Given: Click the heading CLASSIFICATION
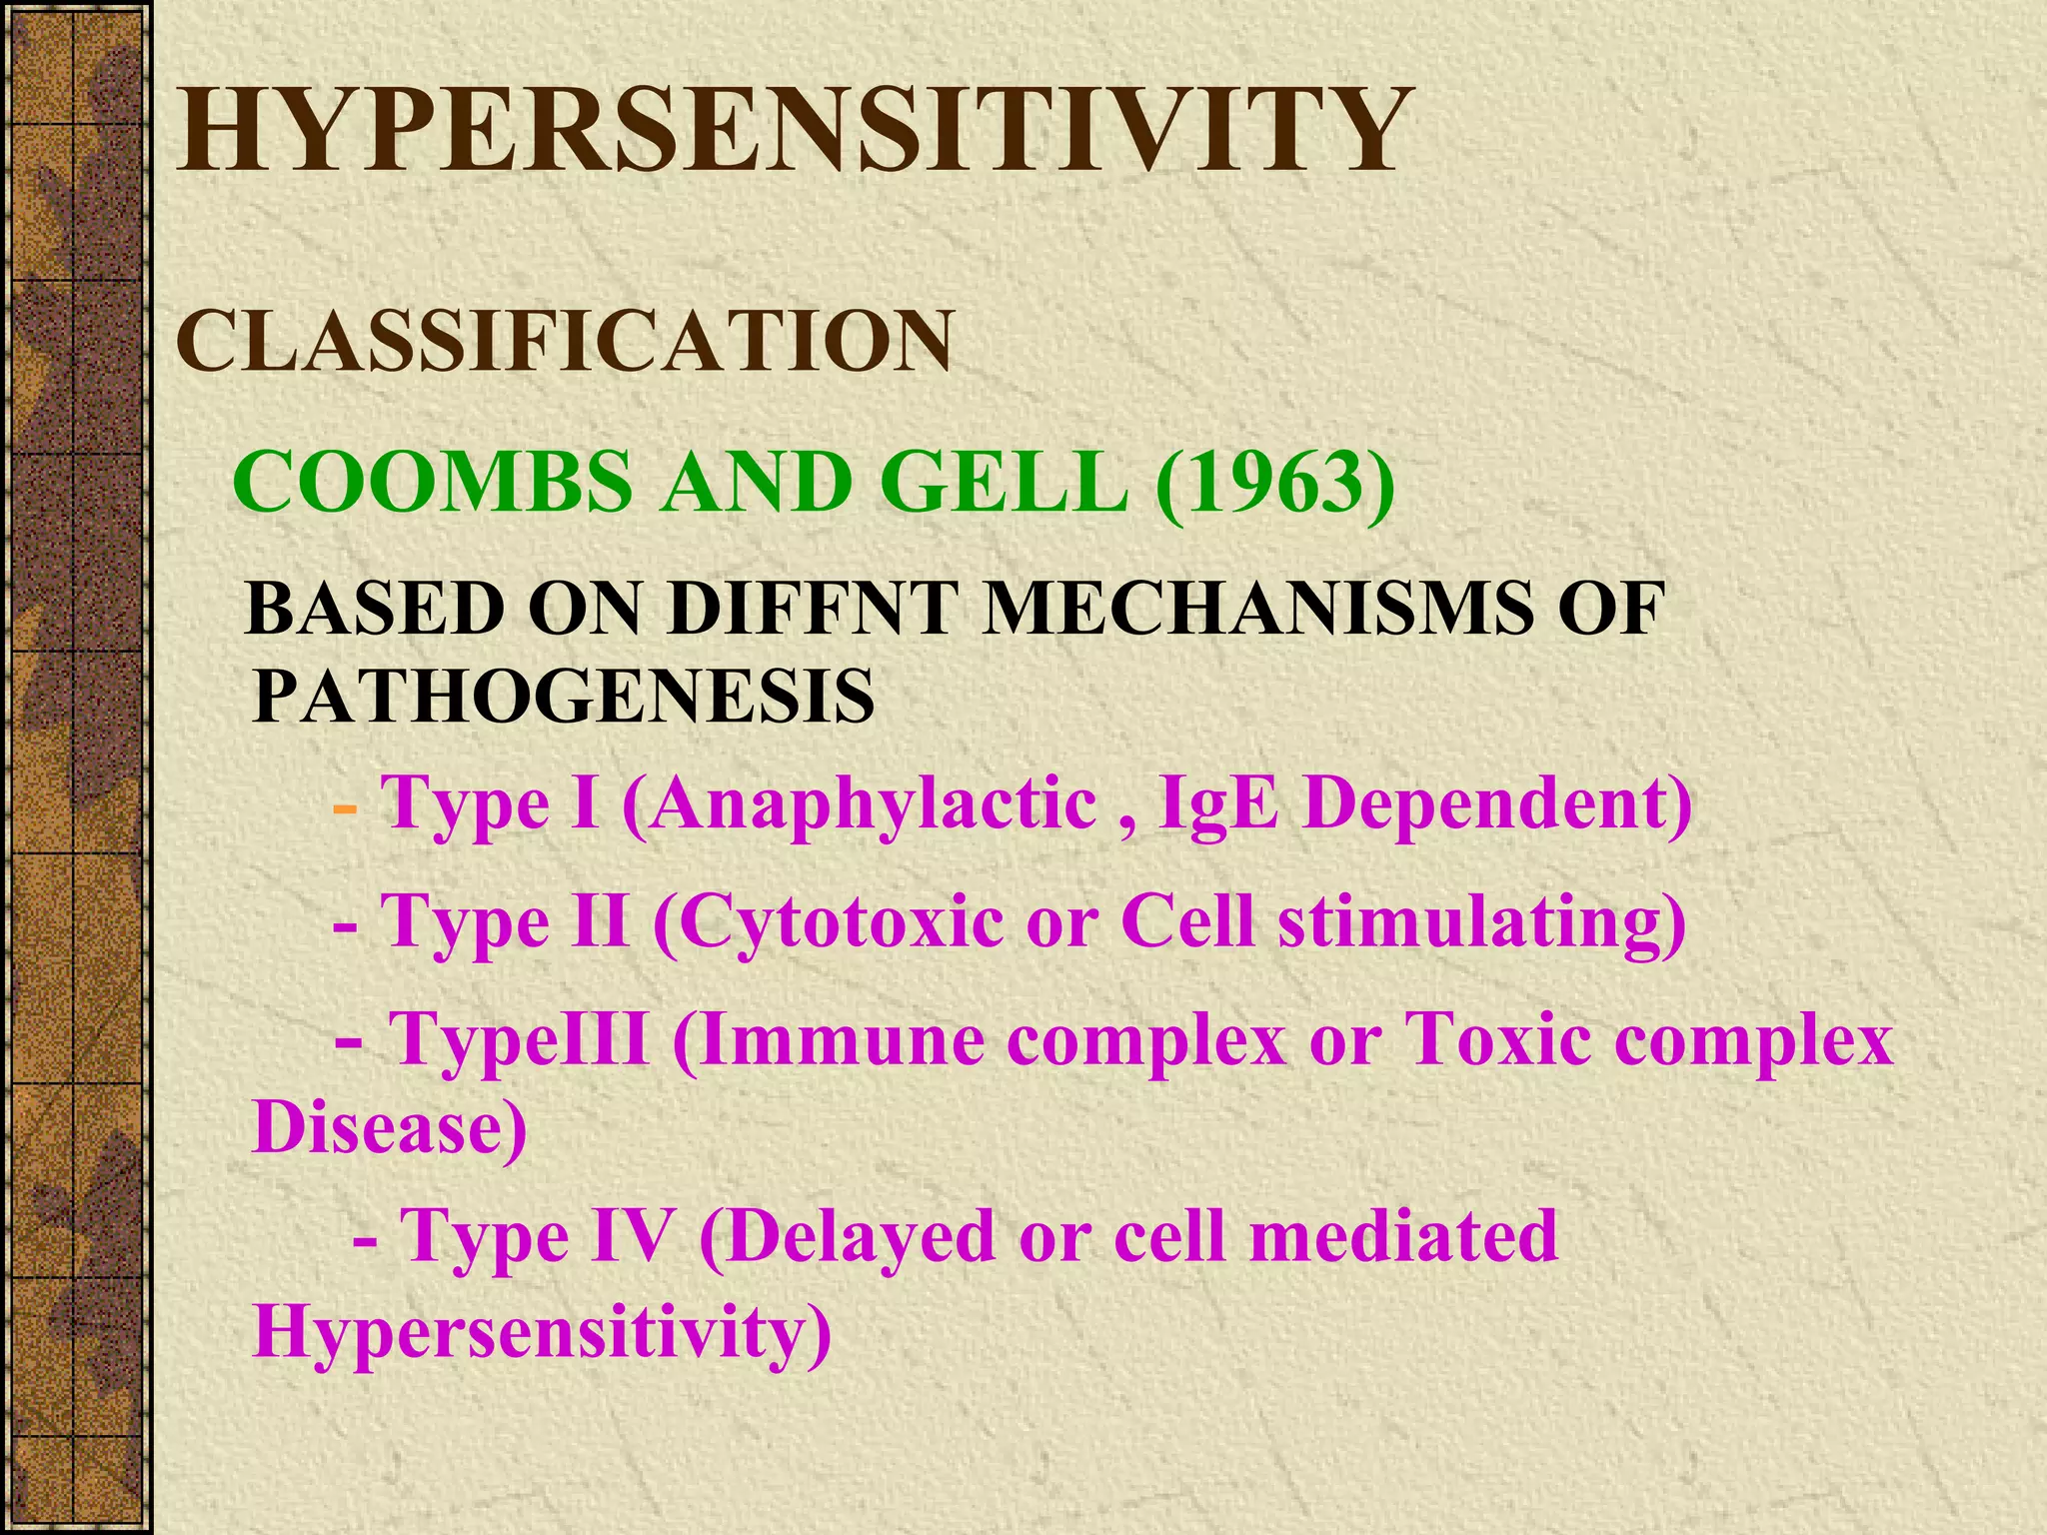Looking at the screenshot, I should pyautogui.click(x=565, y=342).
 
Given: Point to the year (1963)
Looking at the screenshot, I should pyautogui.click(x=1274, y=484).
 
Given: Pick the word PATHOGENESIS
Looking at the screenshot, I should pyautogui.click(x=563, y=697).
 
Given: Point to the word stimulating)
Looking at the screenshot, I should pyautogui.click(x=1481, y=921).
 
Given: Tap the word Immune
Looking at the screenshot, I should pyautogui.click(x=830, y=1039).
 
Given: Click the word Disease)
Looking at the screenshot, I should pyautogui.click(x=390, y=1127).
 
